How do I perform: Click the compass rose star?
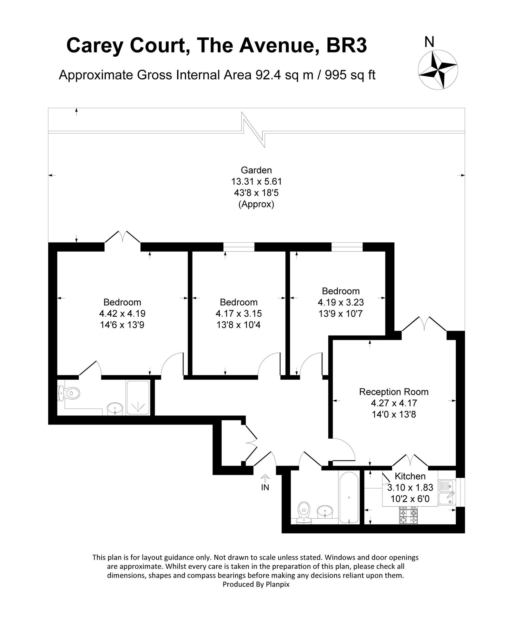[438, 69]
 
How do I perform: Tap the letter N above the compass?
[429, 42]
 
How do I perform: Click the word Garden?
[256, 170]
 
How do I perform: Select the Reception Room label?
[394, 392]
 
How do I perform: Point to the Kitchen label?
[410, 476]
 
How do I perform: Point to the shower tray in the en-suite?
[138, 397]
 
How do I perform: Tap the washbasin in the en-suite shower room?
[114, 409]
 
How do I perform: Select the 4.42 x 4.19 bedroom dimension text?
[122, 313]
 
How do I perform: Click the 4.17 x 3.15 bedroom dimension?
[239, 313]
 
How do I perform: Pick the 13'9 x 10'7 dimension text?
[341, 313]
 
